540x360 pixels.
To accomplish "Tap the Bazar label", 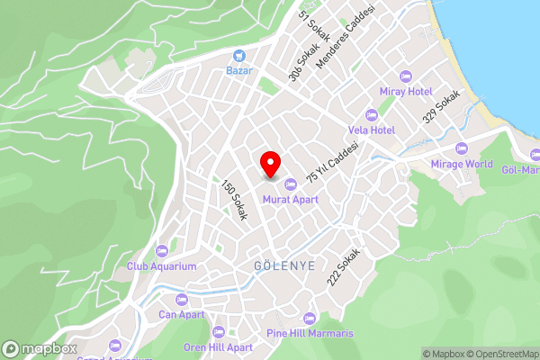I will click(x=238, y=70).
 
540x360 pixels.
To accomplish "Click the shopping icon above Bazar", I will click(x=238, y=55).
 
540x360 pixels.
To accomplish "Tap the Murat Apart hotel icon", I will click(x=289, y=184).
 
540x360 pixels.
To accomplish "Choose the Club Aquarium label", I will click(x=162, y=266).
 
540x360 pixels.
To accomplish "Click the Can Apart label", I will click(x=181, y=315).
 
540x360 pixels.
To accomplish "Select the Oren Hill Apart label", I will click(x=218, y=346).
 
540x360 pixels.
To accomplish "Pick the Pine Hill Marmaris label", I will click(x=310, y=333).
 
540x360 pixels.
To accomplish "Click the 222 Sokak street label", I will click(x=343, y=267).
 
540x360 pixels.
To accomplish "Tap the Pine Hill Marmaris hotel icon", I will click(x=310, y=318).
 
